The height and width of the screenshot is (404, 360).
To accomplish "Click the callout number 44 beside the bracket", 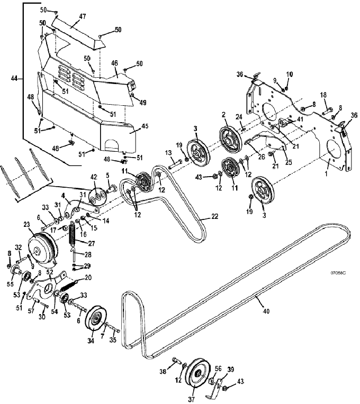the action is (14, 78).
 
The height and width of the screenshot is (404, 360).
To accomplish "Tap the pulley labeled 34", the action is (96, 319).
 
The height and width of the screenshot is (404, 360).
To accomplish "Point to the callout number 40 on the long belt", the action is (266, 311).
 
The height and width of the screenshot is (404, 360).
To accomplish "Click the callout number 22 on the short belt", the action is (214, 216).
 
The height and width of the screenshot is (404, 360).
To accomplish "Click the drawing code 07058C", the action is (338, 273).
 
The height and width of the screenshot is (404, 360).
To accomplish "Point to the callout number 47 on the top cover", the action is (82, 16).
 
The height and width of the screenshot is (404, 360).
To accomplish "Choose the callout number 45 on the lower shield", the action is (145, 126).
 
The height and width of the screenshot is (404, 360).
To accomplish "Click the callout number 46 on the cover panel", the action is (114, 63).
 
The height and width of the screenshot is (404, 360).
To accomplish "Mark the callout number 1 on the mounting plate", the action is (326, 173).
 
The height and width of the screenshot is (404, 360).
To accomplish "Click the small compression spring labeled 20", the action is (69, 286).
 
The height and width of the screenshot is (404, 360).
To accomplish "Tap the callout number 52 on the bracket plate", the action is (50, 272).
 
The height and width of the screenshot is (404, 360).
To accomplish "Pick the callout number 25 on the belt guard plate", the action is (289, 162).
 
